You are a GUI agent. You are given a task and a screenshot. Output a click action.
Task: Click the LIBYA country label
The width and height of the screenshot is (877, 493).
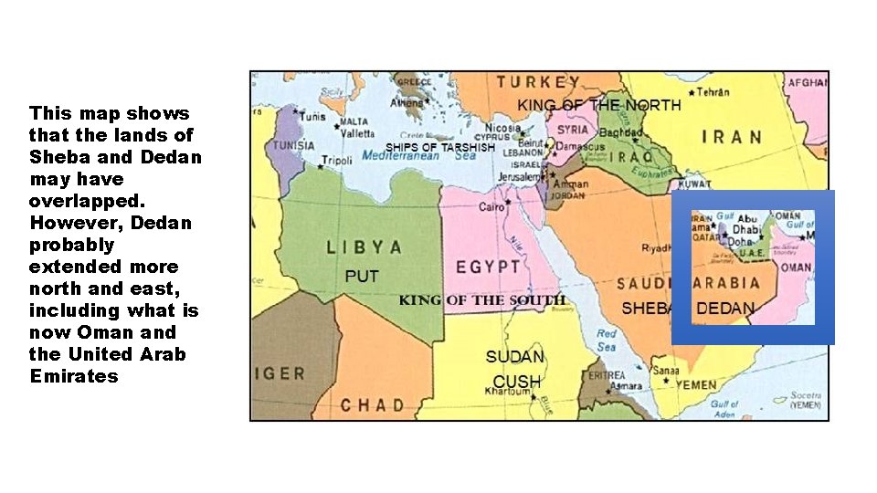365,247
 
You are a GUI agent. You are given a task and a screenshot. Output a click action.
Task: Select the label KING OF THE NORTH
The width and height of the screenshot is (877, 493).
599,105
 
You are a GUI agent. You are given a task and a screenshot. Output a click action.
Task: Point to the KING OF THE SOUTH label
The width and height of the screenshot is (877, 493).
482,300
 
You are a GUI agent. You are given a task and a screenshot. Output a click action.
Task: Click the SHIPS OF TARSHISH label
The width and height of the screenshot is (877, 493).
440,147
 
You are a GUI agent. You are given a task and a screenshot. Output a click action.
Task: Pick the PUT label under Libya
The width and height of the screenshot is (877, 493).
362,276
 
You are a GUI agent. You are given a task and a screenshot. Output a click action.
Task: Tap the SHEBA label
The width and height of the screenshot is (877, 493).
646,309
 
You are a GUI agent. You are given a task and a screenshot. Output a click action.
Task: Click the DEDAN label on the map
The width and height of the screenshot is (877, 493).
725,309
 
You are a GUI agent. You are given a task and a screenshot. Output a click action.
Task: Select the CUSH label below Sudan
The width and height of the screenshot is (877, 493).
517,381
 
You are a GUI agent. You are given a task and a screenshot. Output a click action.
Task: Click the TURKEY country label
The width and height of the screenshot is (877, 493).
538,82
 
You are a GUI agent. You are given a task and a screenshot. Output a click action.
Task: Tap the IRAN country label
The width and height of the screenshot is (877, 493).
732,137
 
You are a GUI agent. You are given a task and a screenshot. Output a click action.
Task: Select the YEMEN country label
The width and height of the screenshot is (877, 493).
696,385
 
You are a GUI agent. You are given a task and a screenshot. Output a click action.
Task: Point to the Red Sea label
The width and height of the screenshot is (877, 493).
607,340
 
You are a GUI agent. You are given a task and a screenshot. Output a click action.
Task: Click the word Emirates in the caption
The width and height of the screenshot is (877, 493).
74,376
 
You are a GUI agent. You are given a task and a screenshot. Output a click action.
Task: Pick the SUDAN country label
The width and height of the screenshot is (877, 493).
515,357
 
